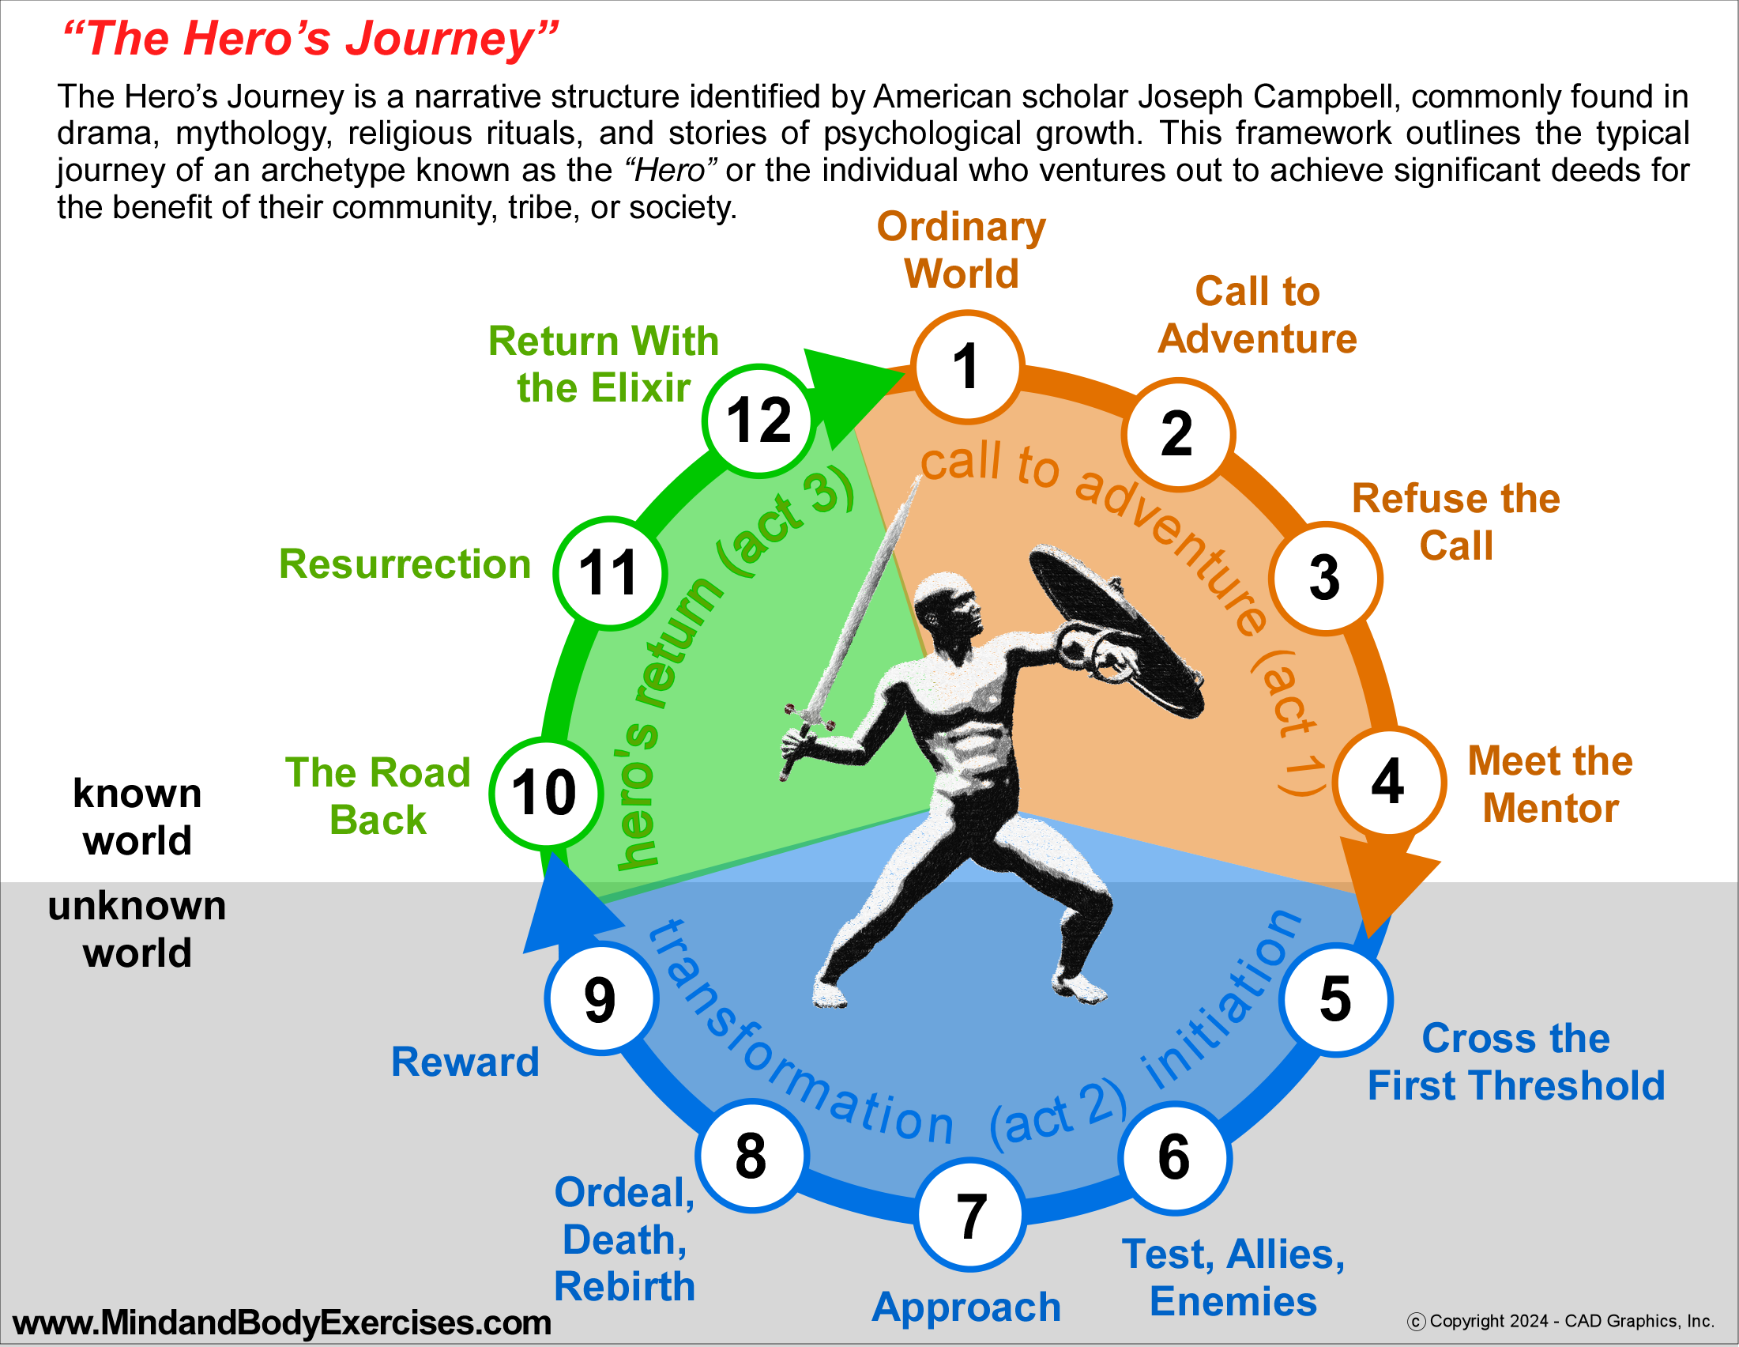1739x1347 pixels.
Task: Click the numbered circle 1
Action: pyautogui.click(x=966, y=367)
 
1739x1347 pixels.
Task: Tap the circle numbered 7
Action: pyautogui.click(x=969, y=1216)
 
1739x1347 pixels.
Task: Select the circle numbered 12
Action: pyautogui.click(x=759, y=420)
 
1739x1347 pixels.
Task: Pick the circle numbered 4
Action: pyautogui.click(x=1389, y=783)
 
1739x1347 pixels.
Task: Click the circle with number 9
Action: pyautogui.click(x=601, y=999)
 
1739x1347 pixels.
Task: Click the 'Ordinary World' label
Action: pyautogui.click(x=961, y=250)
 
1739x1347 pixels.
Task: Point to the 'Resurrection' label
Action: pyautogui.click(x=405, y=564)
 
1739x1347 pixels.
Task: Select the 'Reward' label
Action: pyautogui.click(x=465, y=1062)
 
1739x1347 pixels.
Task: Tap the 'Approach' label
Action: pyautogui.click(x=966, y=1307)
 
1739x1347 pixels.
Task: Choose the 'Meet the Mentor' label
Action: pyautogui.click(x=1549, y=785)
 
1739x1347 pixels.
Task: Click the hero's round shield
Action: pyautogui.click(x=1115, y=629)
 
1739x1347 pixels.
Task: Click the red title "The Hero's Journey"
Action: pyautogui.click(x=311, y=38)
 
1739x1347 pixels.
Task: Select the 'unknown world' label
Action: pyautogui.click(x=137, y=930)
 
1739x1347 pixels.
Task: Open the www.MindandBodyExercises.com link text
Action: pyautogui.click(x=282, y=1322)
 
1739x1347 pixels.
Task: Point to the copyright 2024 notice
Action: pyautogui.click(x=1560, y=1321)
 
